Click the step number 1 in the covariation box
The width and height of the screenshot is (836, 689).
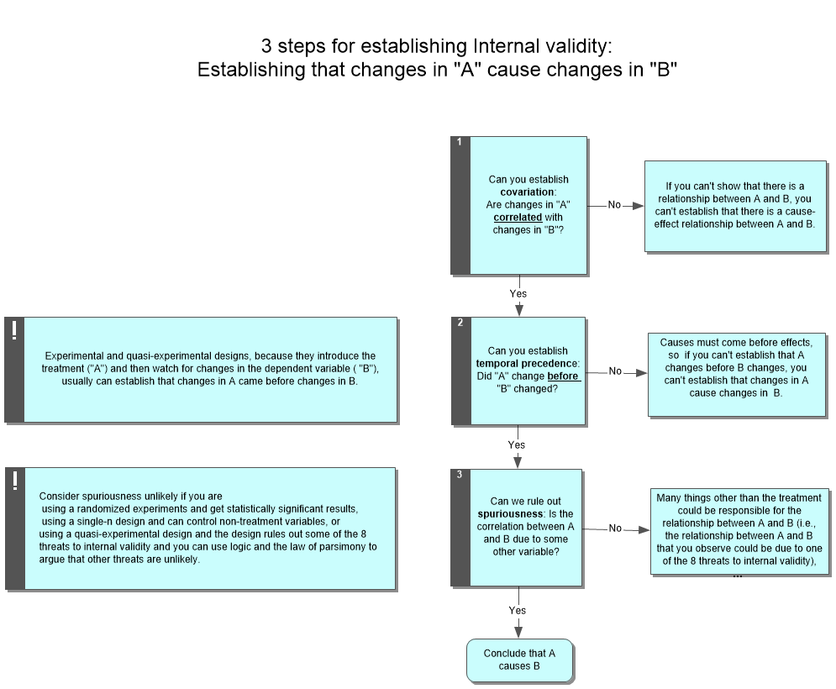tap(459, 142)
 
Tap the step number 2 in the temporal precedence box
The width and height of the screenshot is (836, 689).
tap(460, 323)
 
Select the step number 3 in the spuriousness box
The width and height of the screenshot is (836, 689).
tap(460, 475)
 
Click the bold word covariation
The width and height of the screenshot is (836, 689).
tap(528, 192)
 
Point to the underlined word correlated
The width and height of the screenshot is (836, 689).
tap(518, 217)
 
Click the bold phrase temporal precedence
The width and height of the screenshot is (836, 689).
tap(527, 363)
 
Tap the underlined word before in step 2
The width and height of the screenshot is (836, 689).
tap(562, 376)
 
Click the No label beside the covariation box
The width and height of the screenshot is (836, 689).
tap(614, 205)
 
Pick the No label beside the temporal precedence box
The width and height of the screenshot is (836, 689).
tap(615, 371)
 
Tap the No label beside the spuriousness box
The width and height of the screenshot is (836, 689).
tap(615, 528)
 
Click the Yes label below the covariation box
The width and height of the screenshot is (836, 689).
tap(518, 293)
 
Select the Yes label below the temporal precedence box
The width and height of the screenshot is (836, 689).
tap(517, 444)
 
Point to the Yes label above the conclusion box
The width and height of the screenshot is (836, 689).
tap(518, 610)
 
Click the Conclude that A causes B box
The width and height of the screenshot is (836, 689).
tap(519, 660)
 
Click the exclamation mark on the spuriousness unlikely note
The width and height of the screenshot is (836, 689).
tap(14, 480)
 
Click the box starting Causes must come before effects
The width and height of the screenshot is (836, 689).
tap(736, 374)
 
